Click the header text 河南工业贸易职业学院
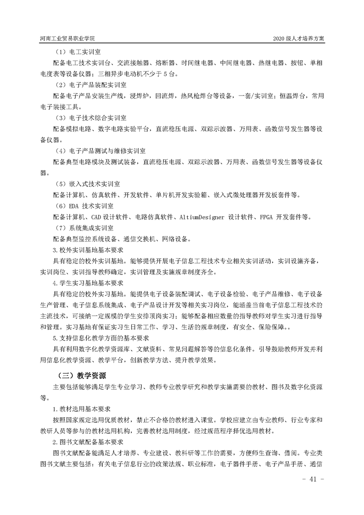(x=70, y=39)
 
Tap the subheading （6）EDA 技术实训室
(x=86, y=206)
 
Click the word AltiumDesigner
(x=203, y=217)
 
